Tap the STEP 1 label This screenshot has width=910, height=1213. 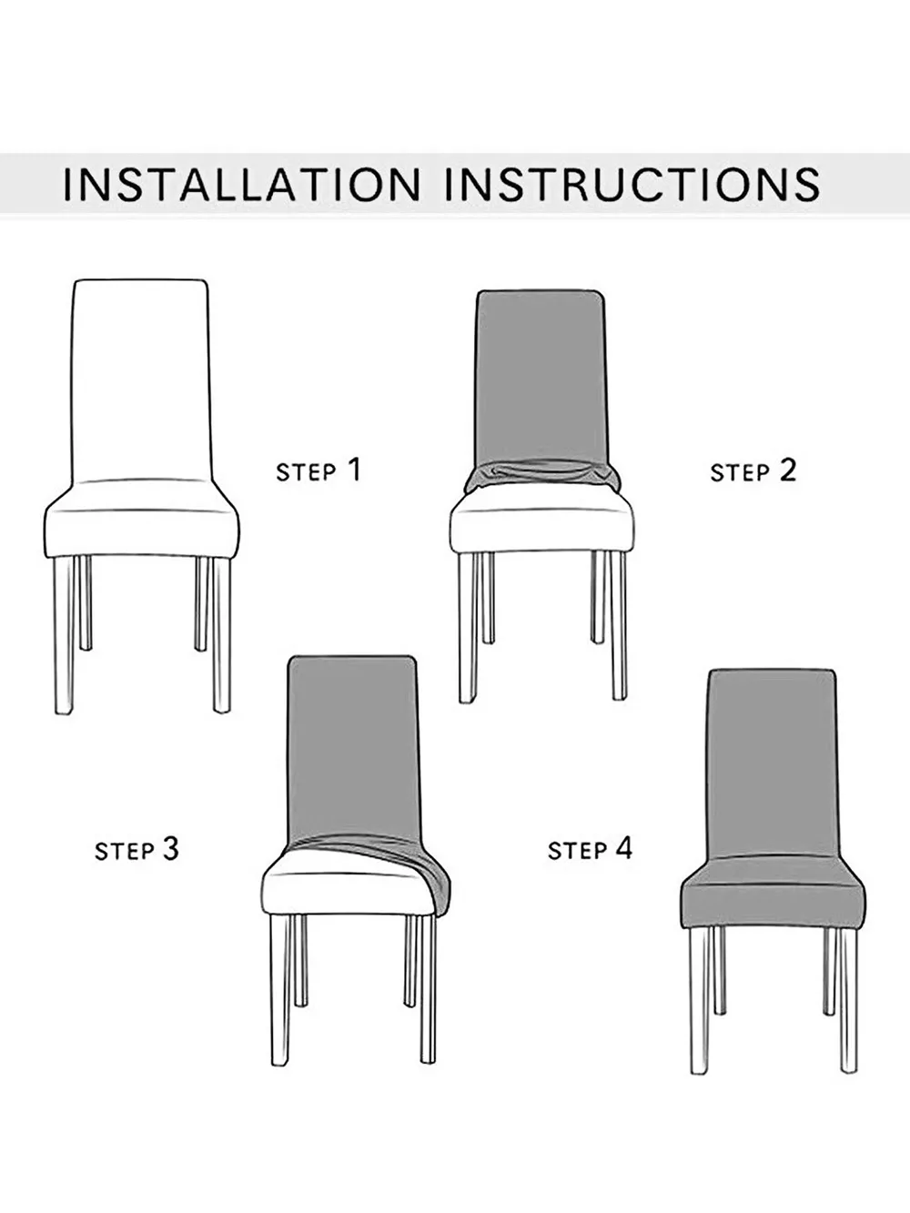pos(318,470)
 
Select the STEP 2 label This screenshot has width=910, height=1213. pos(753,470)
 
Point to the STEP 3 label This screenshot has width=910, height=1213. pos(137,850)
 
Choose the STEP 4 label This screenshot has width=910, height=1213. pos(589,850)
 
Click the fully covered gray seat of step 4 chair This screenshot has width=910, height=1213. pos(772,896)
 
